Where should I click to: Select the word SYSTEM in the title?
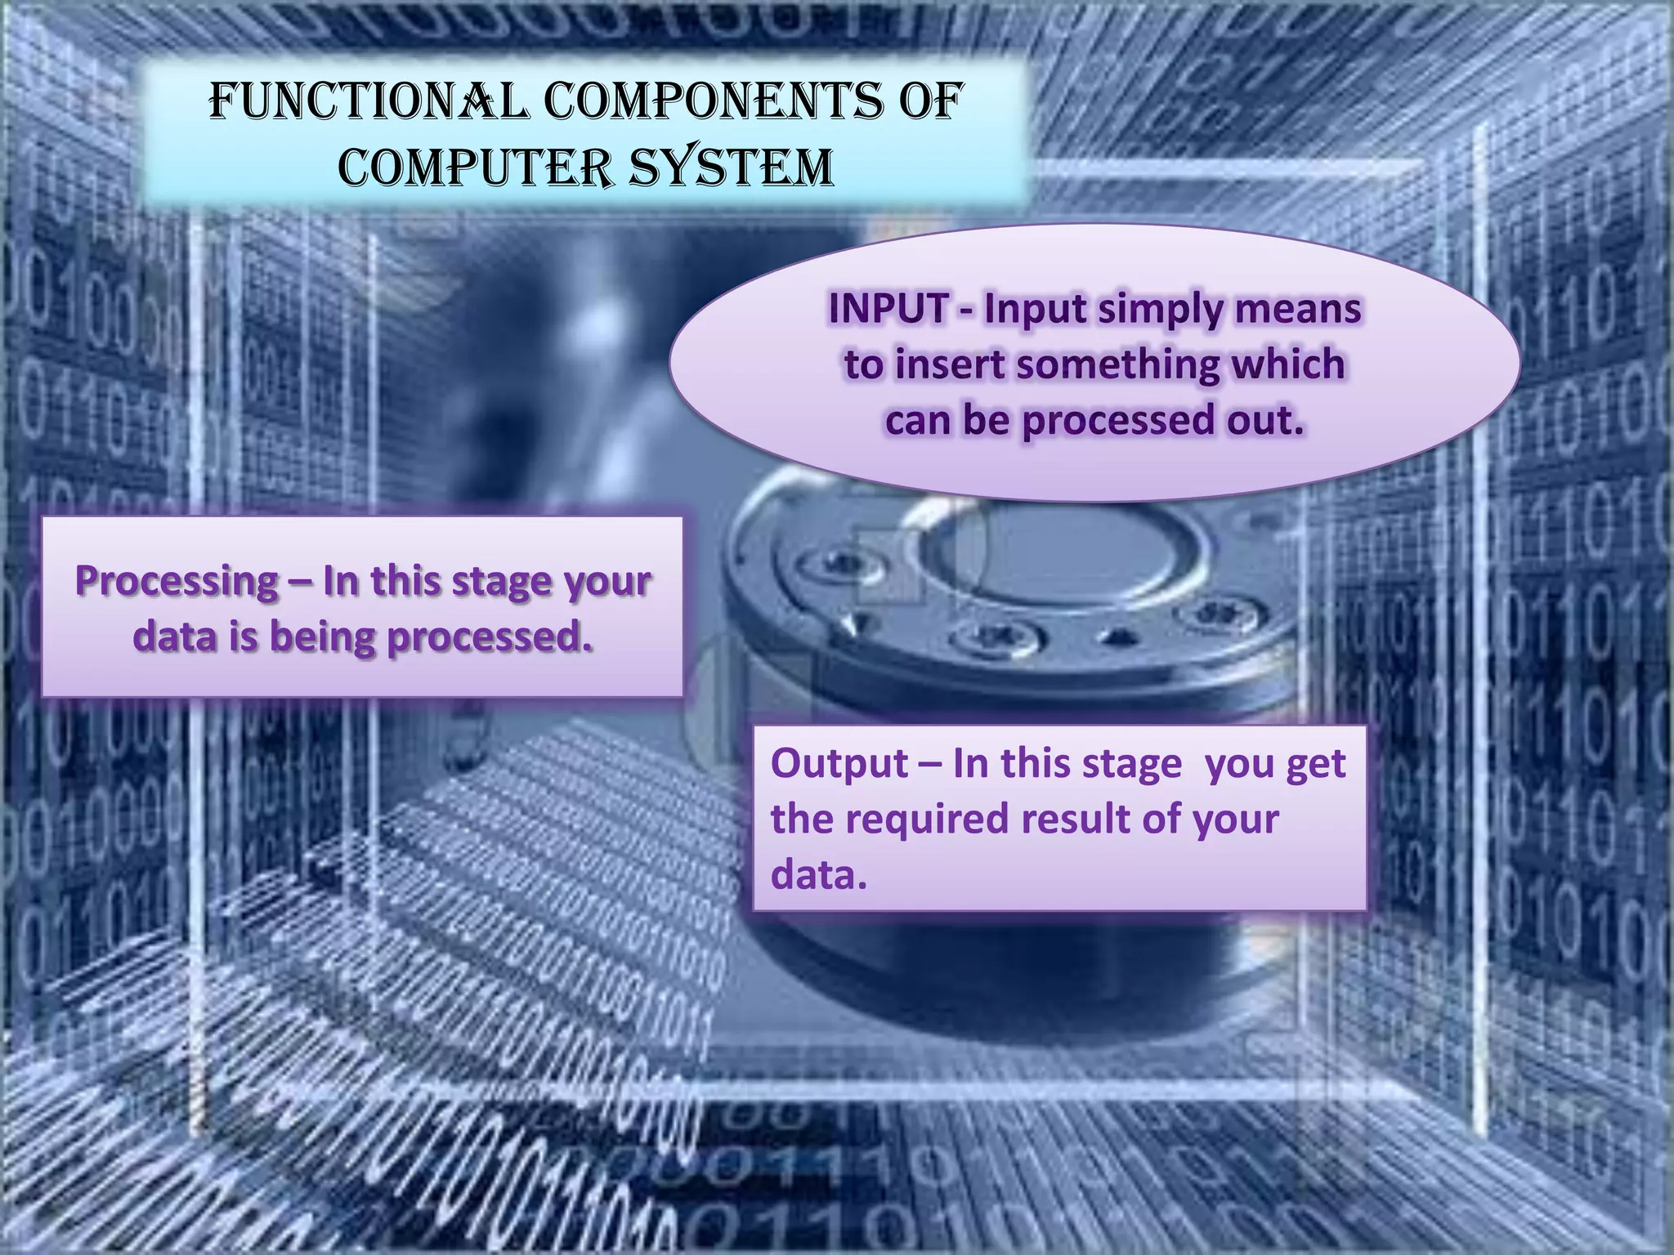coord(732,167)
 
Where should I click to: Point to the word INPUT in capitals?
coord(888,309)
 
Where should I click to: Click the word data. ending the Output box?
coord(817,874)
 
